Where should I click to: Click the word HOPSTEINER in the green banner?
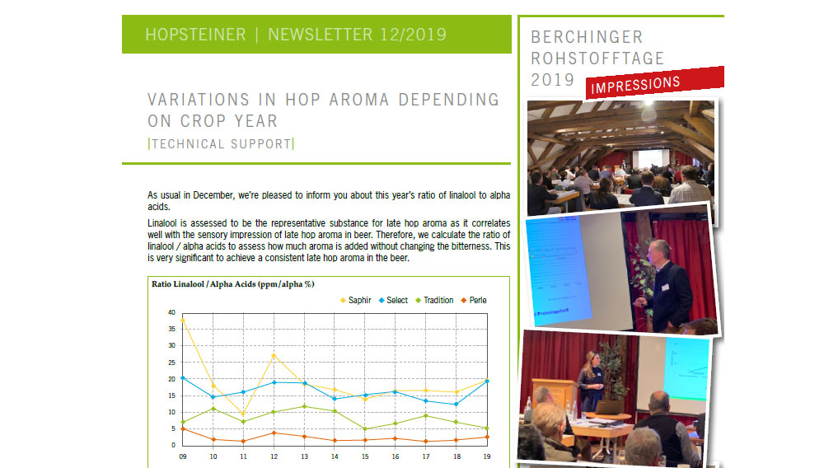[x=195, y=35]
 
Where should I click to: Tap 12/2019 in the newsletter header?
[x=413, y=35]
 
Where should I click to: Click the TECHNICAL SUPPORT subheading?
[x=221, y=144]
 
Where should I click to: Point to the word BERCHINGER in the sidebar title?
[x=587, y=37]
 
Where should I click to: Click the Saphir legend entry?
[x=356, y=301]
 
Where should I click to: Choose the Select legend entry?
[x=393, y=301]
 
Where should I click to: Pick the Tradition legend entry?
[x=434, y=301]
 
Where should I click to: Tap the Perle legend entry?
[x=474, y=301]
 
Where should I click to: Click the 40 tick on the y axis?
[x=172, y=312]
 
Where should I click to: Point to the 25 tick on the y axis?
[x=172, y=363]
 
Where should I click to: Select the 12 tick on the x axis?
[x=274, y=456]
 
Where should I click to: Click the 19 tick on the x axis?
[x=487, y=456]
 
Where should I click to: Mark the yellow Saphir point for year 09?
[x=183, y=321]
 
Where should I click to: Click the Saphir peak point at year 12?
[x=274, y=356]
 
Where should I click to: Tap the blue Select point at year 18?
[x=456, y=404]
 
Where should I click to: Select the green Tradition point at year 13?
[x=304, y=406]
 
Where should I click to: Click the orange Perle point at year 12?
[x=274, y=433]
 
